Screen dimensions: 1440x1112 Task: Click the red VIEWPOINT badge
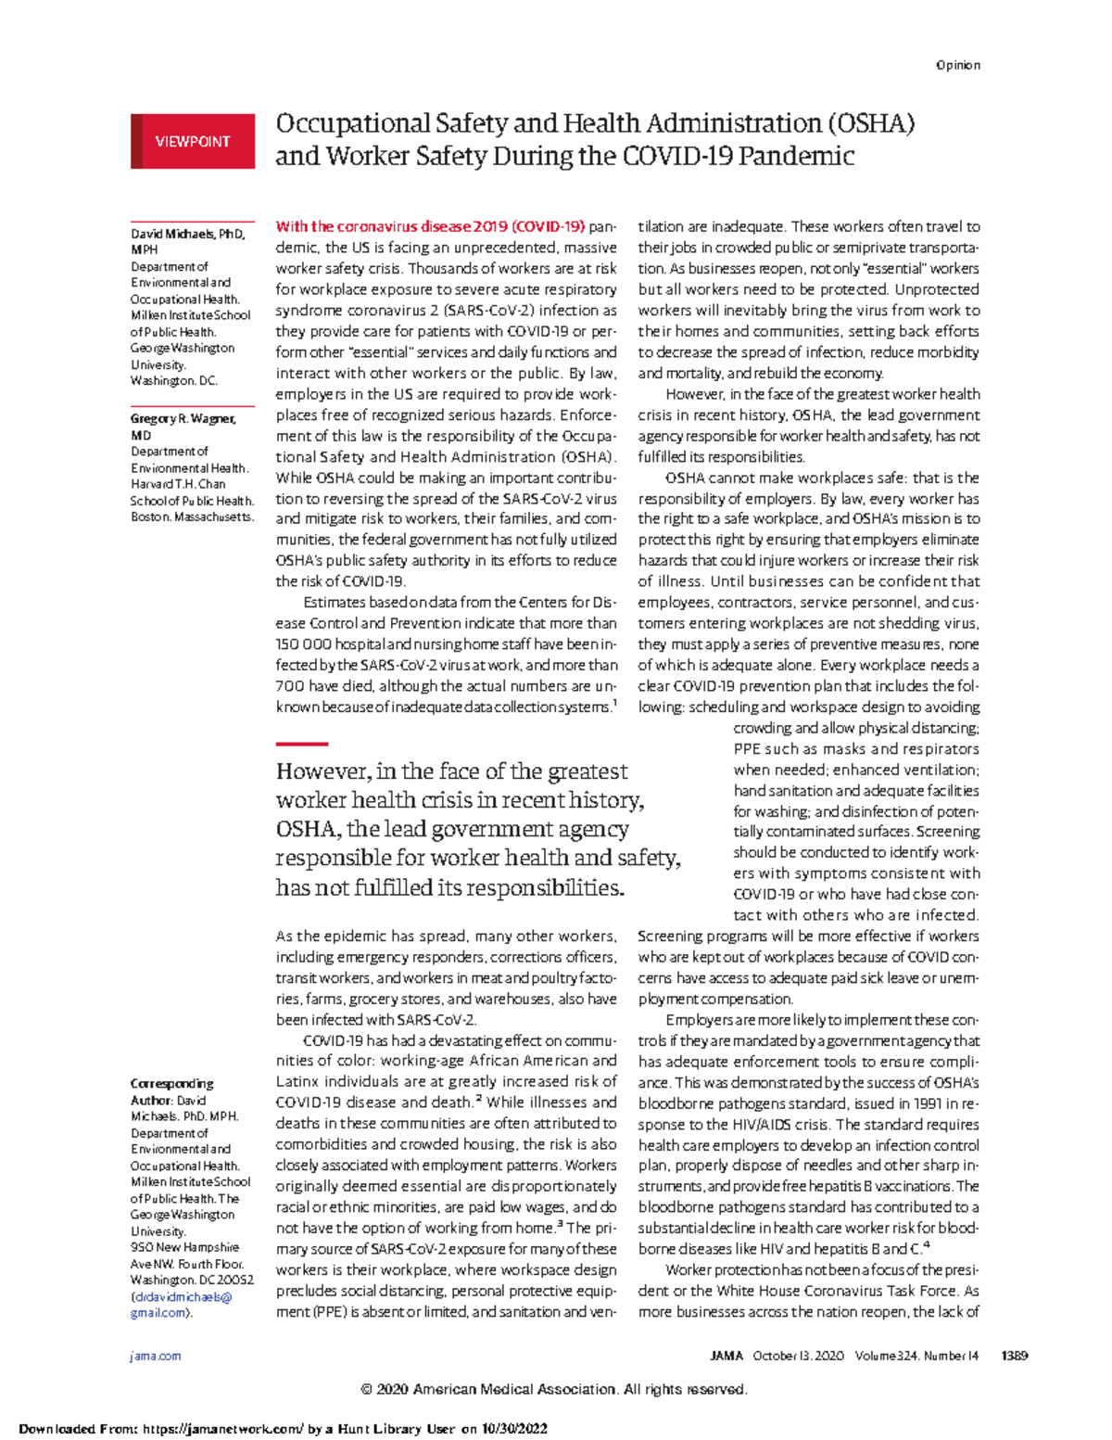point(193,142)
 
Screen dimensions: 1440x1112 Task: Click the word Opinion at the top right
point(957,65)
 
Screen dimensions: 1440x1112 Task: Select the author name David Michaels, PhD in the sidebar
point(188,234)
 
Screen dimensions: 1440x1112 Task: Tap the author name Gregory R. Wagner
point(183,418)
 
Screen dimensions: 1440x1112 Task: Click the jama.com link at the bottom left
point(156,1356)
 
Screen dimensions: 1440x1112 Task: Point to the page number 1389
point(1014,1356)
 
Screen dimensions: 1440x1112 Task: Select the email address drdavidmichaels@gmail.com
point(182,1305)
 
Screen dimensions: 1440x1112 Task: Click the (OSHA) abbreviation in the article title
point(870,123)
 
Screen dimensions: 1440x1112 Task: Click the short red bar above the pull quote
point(302,744)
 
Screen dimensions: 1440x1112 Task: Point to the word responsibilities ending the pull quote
point(545,887)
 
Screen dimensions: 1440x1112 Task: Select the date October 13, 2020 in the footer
point(798,1356)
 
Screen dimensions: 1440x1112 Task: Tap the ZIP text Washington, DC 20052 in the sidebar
point(192,1280)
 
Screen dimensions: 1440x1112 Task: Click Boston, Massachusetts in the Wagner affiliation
point(192,516)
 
